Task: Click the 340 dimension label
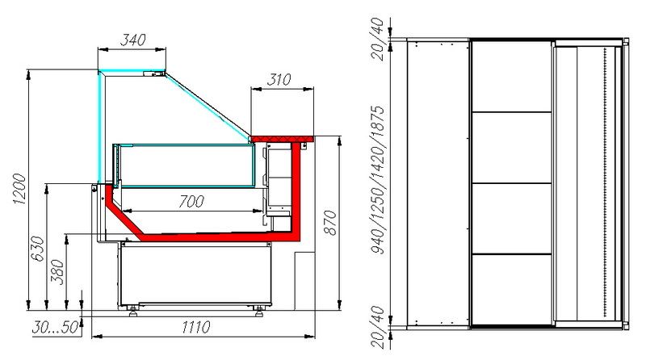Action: [x=132, y=40]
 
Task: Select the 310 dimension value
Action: [x=279, y=79]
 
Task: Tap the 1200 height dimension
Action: [x=19, y=189]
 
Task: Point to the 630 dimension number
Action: [x=37, y=249]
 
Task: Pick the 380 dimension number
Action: [x=57, y=272]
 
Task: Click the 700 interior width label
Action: [x=191, y=202]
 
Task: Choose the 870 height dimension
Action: [x=330, y=223]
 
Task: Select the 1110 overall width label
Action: [x=196, y=327]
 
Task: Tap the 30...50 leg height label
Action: [x=55, y=328]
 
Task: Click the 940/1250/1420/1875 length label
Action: [x=377, y=179]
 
